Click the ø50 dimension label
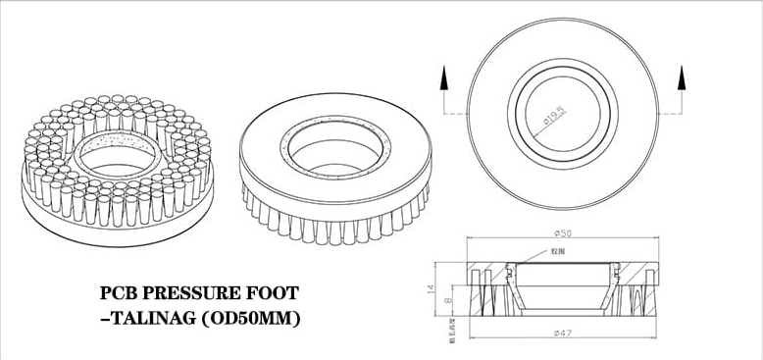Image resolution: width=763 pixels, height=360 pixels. point(562,233)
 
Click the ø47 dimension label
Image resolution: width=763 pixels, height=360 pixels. point(562,334)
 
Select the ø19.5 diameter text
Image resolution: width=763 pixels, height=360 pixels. point(555,117)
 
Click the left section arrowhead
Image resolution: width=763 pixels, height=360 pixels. point(442,75)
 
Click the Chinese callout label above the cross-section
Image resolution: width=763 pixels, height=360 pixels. point(557,252)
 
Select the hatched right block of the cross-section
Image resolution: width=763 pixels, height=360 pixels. point(636,294)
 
